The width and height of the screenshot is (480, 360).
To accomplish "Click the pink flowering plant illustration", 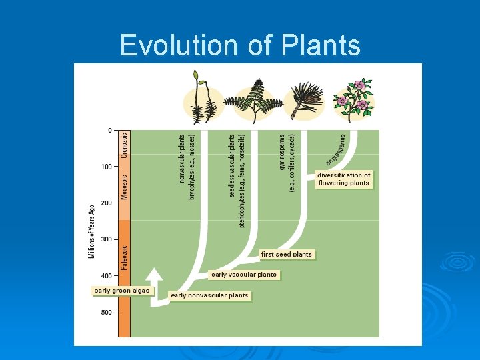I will (x=353, y=100).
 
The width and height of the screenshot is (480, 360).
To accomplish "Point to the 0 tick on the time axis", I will (x=109, y=130).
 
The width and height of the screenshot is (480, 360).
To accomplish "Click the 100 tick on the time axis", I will (x=106, y=167).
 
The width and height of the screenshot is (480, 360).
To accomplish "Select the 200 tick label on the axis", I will (x=106, y=203).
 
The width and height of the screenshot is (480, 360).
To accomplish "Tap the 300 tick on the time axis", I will (x=106, y=239).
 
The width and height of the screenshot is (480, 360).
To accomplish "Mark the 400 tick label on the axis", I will (x=106, y=276).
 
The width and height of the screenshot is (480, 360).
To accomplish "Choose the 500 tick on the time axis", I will (x=106, y=312).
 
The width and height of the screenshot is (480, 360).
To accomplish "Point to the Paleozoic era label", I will (x=124, y=257).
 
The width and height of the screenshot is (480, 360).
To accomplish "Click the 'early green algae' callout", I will (x=122, y=291).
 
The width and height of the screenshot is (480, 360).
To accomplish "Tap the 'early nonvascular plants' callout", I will (x=209, y=295).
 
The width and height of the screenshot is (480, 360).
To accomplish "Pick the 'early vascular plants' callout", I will (x=243, y=275).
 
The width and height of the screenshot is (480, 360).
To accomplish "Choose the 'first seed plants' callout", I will (x=286, y=254).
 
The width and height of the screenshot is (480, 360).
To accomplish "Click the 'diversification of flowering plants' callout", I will (x=343, y=179).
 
